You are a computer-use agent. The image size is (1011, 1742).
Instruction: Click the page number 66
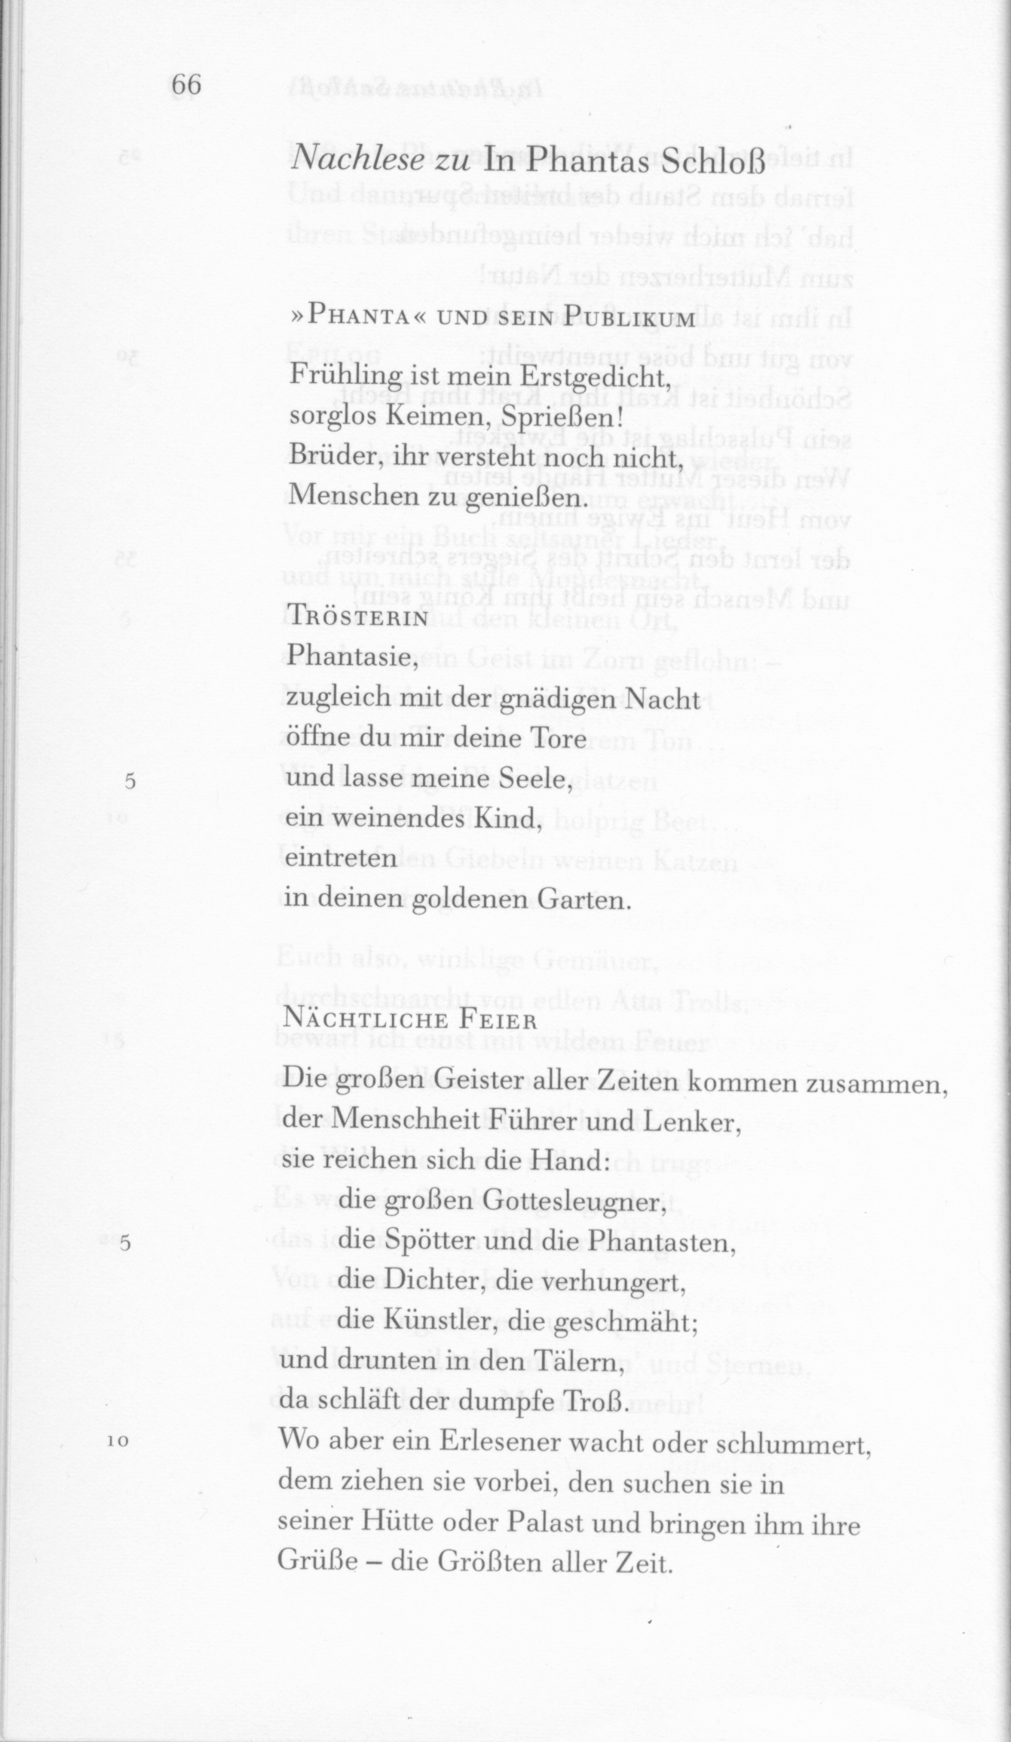pyautogui.click(x=186, y=85)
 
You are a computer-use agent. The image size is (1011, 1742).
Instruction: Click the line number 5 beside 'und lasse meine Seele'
pyautogui.click(x=130, y=782)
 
